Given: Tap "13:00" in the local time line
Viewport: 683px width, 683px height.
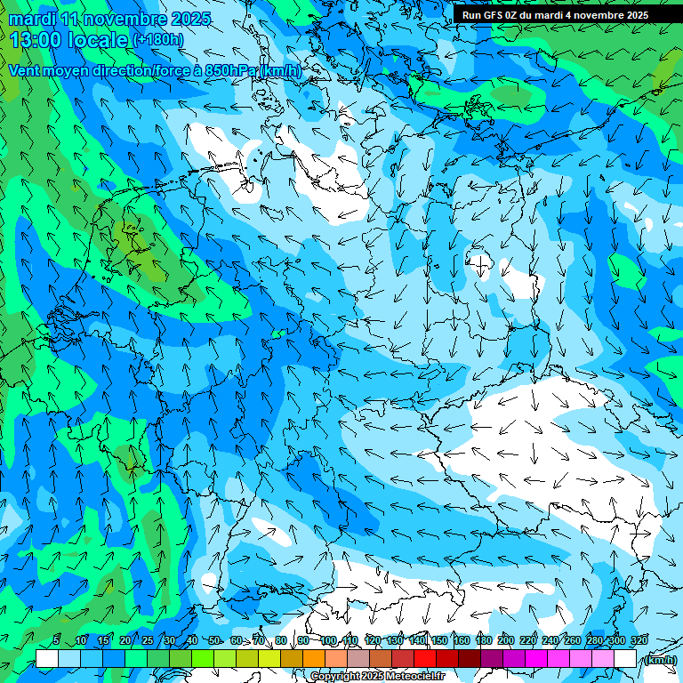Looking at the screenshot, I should (35, 39).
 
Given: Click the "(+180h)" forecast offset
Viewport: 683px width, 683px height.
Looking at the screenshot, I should (158, 40).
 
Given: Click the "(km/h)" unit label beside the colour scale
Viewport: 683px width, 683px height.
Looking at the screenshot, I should (659, 660).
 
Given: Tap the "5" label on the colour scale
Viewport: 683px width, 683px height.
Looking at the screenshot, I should (56, 640).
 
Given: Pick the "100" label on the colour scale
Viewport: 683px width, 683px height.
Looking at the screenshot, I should (328, 640).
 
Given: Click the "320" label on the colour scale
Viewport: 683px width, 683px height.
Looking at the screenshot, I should (639, 640).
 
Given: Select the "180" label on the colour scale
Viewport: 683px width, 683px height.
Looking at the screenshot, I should (483, 640).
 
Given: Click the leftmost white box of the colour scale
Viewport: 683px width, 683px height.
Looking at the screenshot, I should (47, 659).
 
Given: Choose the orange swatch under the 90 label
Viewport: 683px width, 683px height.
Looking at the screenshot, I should (314, 659).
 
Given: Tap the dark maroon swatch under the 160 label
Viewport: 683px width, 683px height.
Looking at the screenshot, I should (470, 659).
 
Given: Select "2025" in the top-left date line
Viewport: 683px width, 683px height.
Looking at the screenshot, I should (189, 19).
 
